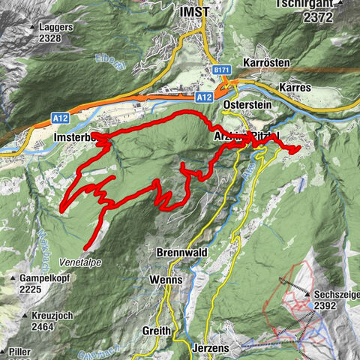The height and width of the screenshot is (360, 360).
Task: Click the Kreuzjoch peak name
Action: (x=52, y=316)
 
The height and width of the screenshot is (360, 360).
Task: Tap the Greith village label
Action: (x=157, y=331)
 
